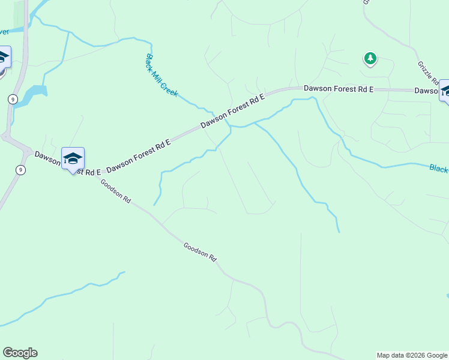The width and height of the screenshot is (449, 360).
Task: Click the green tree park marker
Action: (370, 58)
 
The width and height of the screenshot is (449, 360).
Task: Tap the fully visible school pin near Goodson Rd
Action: (73, 160)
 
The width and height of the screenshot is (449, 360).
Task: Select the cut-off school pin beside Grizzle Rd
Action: (445, 91)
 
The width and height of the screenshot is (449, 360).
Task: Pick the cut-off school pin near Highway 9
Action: (4, 58)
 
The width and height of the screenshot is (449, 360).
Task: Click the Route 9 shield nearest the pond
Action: (13, 99)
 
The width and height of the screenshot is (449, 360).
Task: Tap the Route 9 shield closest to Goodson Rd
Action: (21, 170)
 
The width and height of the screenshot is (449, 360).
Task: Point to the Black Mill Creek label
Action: (161, 76)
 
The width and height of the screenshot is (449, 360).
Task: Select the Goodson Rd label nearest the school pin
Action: (115, 191)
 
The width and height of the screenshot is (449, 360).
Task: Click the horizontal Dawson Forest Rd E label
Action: (339, 88)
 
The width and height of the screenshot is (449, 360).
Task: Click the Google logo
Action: (20, 353)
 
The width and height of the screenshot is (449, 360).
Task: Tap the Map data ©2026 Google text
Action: (412, 355)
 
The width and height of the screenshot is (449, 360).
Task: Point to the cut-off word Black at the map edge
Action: (439, 169)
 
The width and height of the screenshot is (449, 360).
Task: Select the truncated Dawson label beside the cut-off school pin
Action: (426, 91)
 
